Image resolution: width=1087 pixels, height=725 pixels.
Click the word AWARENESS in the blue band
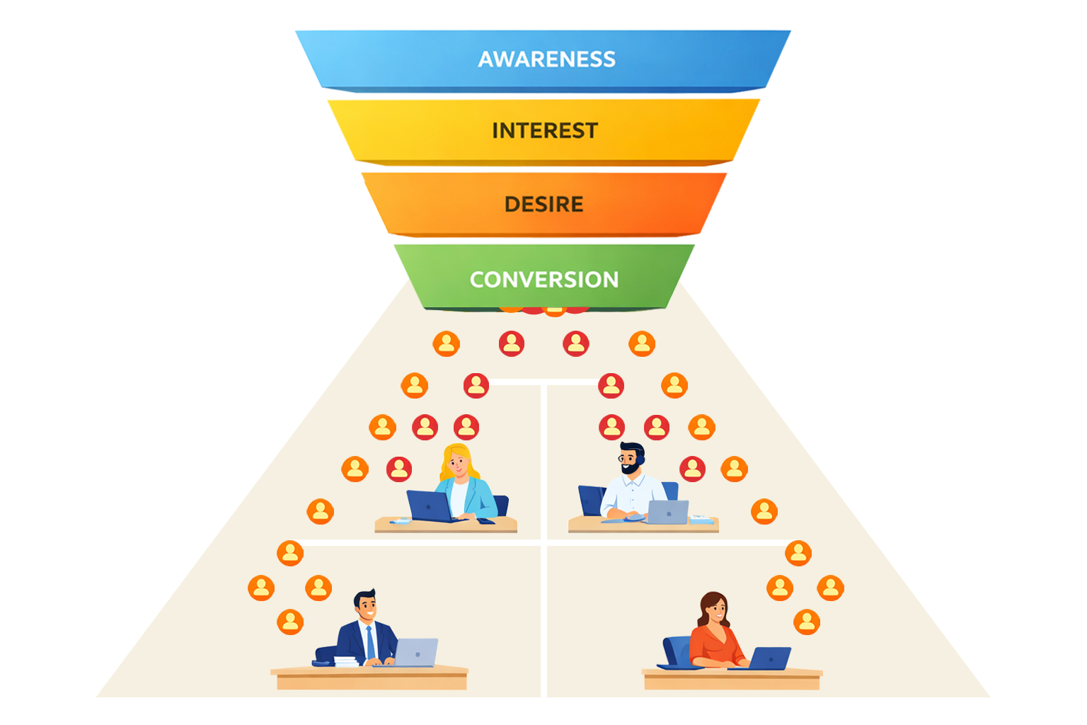(x=546, y=59)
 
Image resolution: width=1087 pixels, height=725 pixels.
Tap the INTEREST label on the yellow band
(x=545, y=131)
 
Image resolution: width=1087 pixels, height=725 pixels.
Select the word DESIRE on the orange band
(x=543, y=205)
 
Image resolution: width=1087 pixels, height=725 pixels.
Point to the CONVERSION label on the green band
(x=543, y=280)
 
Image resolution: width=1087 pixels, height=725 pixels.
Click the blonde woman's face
(x=458, y=464)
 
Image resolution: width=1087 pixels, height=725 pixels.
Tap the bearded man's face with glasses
(x=630, y=461)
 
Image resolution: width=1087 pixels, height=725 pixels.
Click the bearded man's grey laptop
(x=667, y=512)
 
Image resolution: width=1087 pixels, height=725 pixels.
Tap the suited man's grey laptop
(x=416, y=652)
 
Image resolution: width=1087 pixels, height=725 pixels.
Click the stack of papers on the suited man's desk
(x=345, y=662)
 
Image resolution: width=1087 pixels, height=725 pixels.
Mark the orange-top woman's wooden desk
(x=732, y=678)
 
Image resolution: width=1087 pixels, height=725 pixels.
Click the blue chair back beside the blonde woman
(x=502, y=505)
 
